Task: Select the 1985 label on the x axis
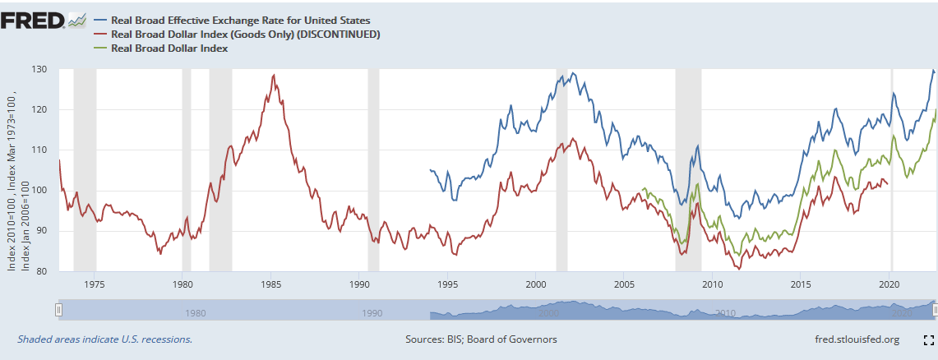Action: click(270, 284)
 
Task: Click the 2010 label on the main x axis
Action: click(712, 284)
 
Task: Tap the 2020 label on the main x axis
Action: click(889, 284)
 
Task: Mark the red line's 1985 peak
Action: click(273, 75)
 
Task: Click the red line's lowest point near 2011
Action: click(740, 269)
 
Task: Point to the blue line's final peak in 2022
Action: click(933, 71)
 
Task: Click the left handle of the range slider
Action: click(58, 310)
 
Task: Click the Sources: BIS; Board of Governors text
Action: click(481, 339)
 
